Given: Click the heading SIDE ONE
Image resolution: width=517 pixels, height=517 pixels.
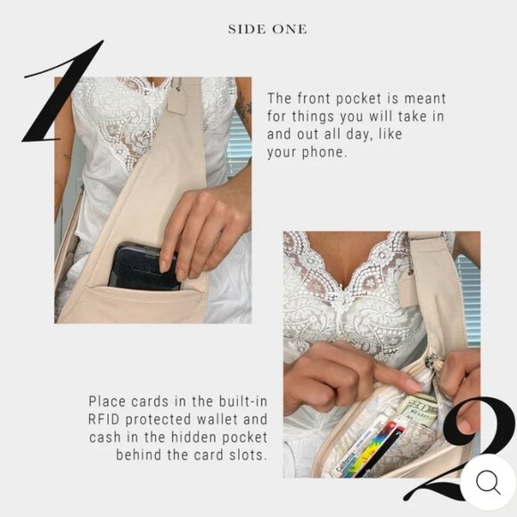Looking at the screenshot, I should point(267,29).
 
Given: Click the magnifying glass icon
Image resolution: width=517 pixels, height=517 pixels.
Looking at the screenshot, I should point(488,482).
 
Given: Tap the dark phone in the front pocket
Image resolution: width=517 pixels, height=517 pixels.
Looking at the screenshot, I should point(143,265).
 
